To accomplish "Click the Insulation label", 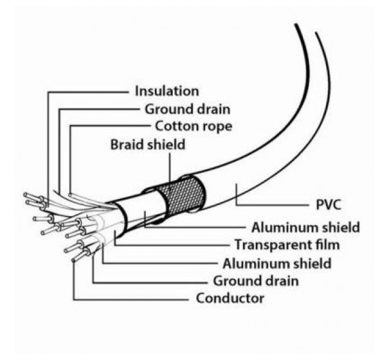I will click(167, 91).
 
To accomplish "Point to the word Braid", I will click(128, 144).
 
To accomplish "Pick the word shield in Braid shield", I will click(167, 144).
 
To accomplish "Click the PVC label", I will click(330, 204).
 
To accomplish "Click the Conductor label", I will click(230, 299).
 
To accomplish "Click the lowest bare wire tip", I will click(76, 258).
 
